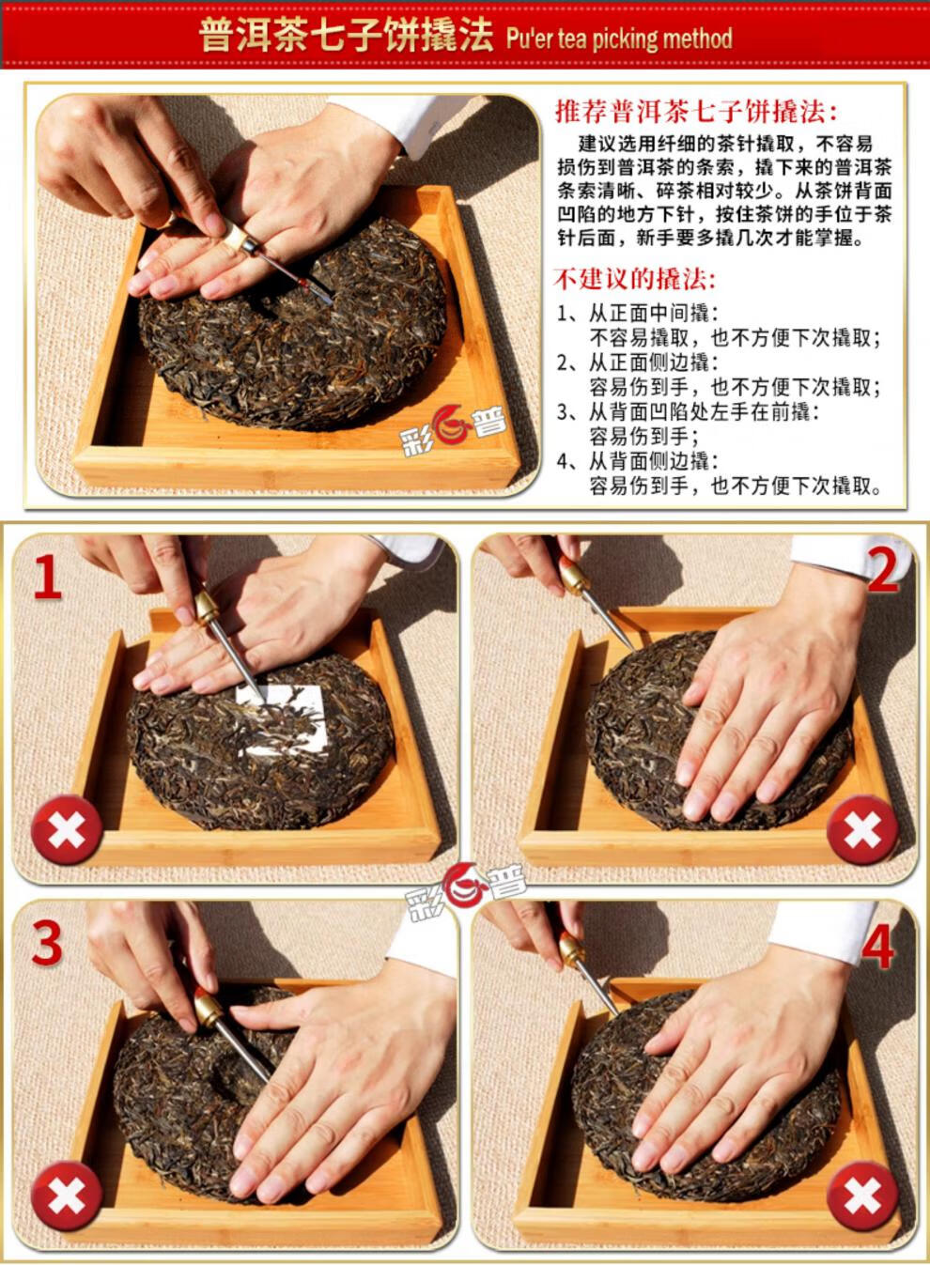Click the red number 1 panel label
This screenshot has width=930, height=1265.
coord(48,577)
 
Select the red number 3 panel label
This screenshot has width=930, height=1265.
coord(47,943)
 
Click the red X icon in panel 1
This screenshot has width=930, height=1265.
coord(68,829)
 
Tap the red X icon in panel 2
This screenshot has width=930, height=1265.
coord(862,829)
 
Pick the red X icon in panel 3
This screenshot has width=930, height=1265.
coord(68,1196)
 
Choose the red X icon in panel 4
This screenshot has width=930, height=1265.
coord(862,1196)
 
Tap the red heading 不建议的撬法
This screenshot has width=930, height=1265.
coord(634,279)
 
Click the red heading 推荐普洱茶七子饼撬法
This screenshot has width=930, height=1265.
coord(696,111)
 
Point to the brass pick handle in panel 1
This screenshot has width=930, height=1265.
coord(207,607)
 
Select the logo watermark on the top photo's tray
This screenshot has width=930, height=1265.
coord(453,431)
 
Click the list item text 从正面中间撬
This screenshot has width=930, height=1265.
coord(652,314)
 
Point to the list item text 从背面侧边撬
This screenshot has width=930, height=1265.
coord(652,461)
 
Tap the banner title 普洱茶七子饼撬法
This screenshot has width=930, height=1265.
coord(347,38)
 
